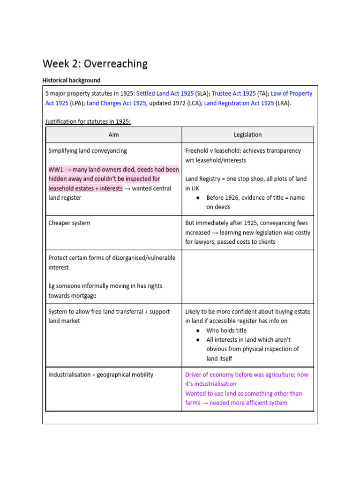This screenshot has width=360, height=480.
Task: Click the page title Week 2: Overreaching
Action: click(95, 64)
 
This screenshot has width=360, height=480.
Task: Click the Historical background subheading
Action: click(71, 80)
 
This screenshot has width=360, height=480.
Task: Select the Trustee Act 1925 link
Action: click(233, 93)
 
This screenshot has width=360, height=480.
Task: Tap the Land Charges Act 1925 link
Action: click(116, 103)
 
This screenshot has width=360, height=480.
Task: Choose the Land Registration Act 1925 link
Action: click(239, 103)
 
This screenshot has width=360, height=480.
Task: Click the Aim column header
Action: click(113, 135)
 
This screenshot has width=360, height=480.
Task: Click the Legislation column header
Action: click(247, 135)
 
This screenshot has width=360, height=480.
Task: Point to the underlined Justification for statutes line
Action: click(88, 121)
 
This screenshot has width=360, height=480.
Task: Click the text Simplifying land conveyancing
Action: click(88, 150)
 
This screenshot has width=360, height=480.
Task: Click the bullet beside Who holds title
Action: click(198, 330)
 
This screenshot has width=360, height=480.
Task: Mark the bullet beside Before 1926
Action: click(198, 198)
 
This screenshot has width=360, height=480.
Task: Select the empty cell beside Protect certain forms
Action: click(247, 277)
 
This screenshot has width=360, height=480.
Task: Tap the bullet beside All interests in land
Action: click(198, 340)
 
